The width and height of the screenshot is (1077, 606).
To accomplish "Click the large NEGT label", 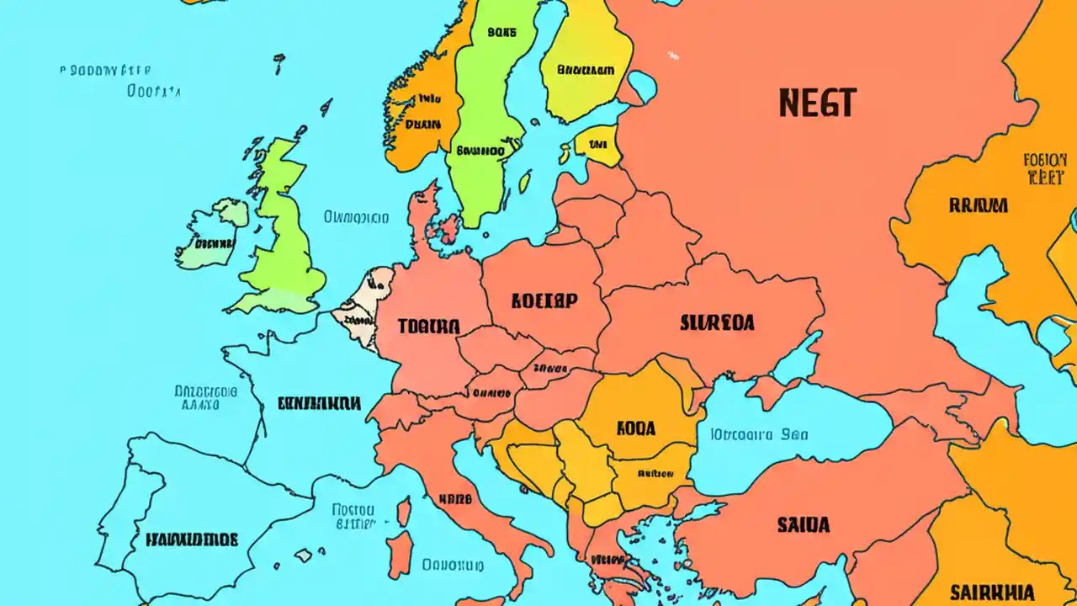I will [x=817, y=103].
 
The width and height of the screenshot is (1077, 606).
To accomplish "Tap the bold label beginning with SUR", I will [x=716, y=322].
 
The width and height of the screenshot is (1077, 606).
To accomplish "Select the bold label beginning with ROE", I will [x=544, y=300].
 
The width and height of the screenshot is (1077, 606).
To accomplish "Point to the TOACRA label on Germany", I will [x=429, y=327].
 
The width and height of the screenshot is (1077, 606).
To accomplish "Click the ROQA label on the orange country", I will [x=635, y=428].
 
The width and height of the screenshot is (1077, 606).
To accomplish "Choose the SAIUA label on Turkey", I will [x=803, y=525].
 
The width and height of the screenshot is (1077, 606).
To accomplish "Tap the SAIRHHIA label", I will [x=991, y=591].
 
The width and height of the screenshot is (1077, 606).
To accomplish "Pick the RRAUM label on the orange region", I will [x=979, y=205].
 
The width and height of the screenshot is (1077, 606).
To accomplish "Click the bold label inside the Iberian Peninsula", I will [x=192, y=539].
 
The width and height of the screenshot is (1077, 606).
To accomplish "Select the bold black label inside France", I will [x=320, y=404].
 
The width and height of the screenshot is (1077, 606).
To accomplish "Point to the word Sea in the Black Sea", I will [x=793, y=435].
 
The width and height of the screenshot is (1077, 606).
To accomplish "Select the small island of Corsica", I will [x=404, y=512].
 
